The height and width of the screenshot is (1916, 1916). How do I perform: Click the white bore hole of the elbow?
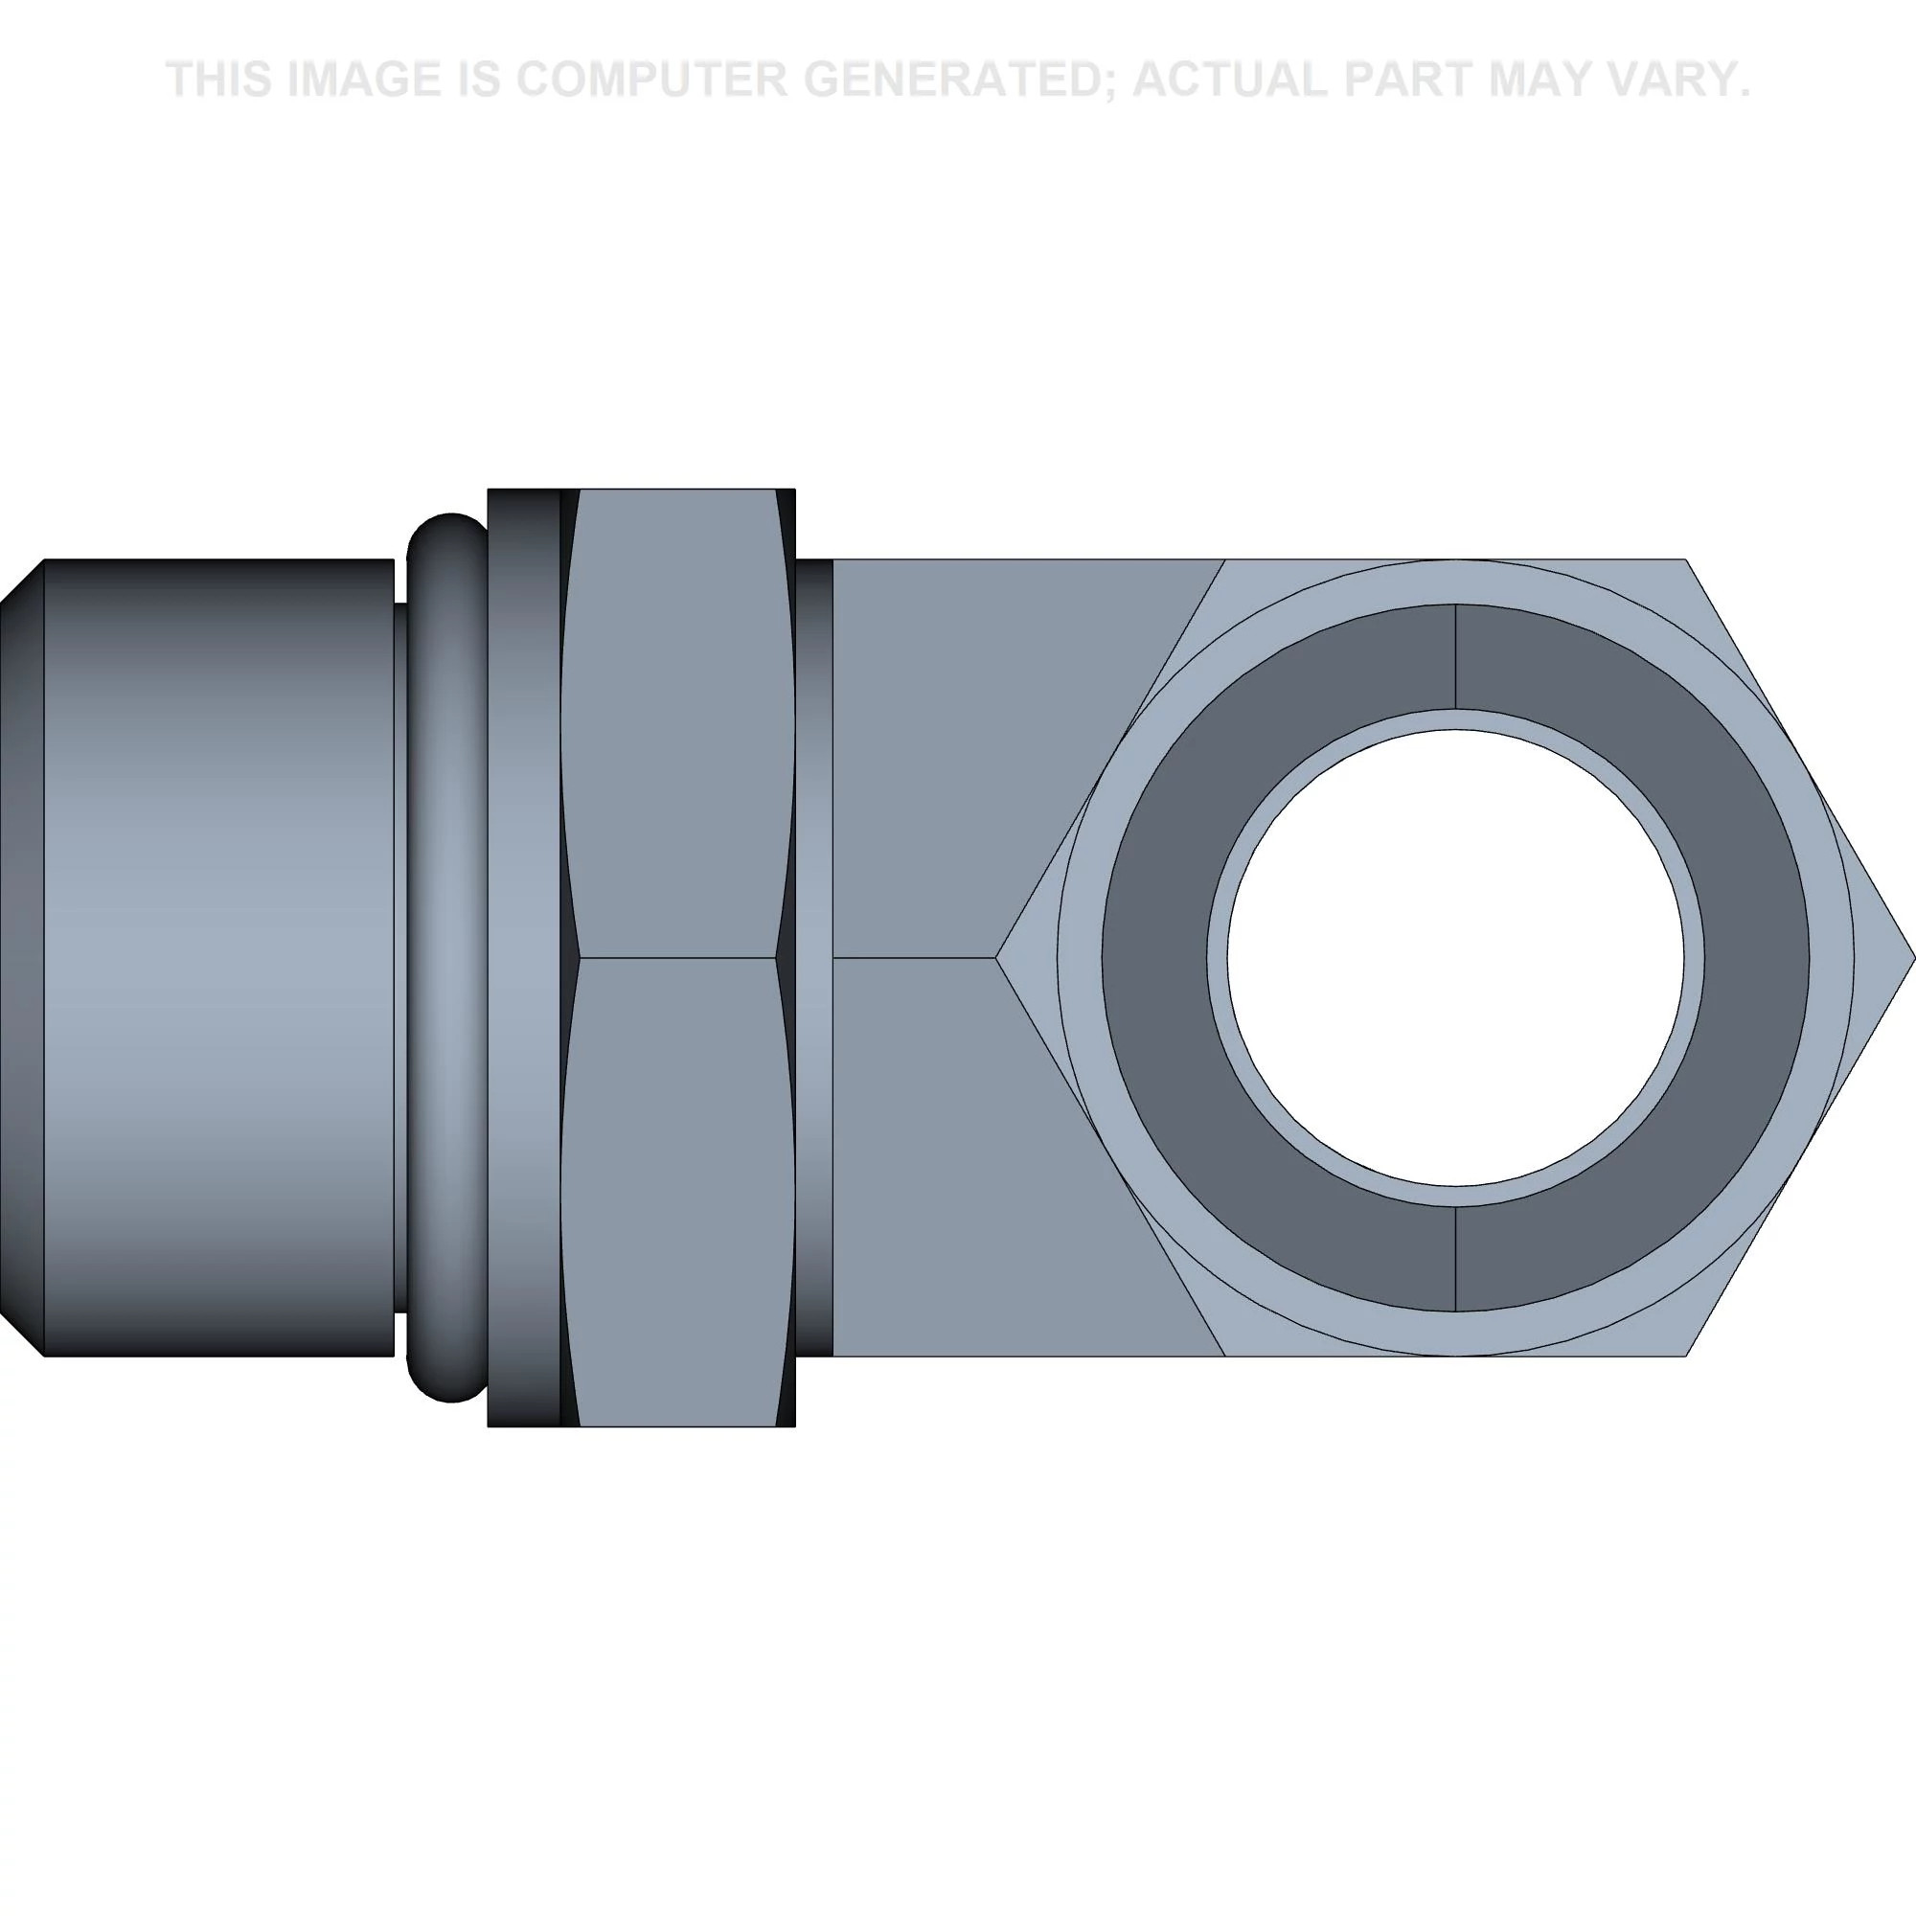coord(1455,958)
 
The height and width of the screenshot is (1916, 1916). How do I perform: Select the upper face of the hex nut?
coord(677,724)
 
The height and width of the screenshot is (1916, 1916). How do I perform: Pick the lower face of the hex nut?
coord(677,1190)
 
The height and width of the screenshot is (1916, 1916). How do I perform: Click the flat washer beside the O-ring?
coord(524,958)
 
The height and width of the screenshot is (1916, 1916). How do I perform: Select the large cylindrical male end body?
coord(218,958)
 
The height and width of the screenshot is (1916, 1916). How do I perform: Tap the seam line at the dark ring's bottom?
coord(1455,1260)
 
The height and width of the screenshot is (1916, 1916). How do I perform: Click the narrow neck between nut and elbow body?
coord(814,958)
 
